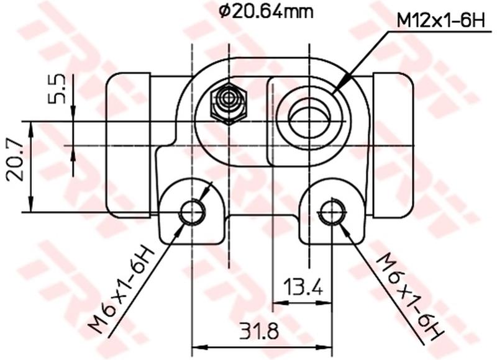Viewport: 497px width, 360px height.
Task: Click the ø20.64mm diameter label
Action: coord(266,11)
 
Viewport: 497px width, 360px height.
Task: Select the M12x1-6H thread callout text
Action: coord(441,22)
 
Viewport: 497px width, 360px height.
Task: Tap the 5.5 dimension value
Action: coord(57,89)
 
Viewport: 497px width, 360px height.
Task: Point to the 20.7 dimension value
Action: coord(15,161)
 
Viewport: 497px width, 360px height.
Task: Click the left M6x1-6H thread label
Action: coord(121,289)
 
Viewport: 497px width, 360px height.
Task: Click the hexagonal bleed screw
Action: coord(229,104)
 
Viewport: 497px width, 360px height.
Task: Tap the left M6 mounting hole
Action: coord(192,212)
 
